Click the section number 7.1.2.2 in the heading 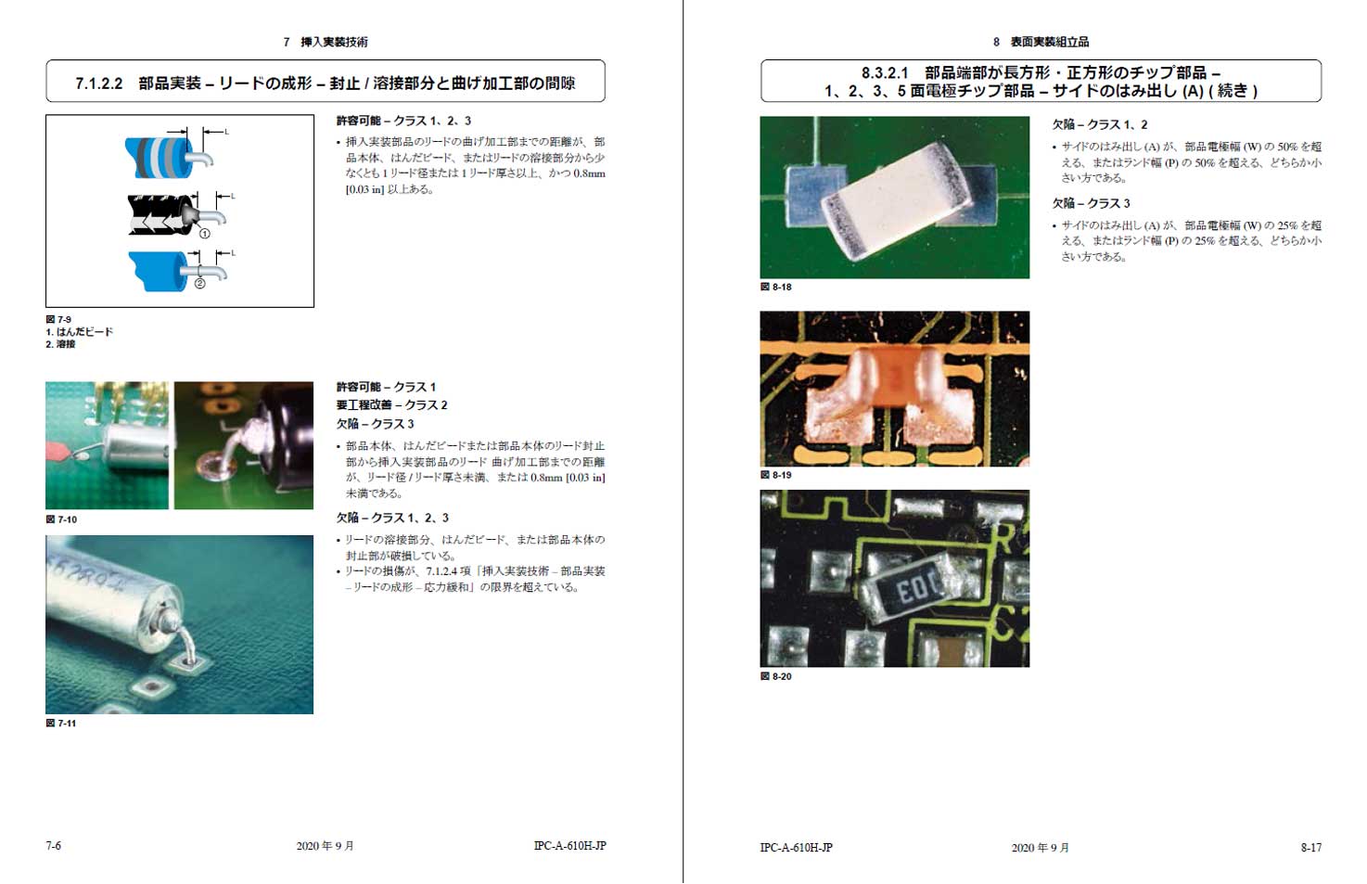99,83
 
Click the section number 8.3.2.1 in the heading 885,72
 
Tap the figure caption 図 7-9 58,319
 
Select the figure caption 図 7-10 61,519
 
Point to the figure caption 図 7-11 61,724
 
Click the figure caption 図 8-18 776,287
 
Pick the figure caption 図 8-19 776,475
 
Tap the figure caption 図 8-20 776,676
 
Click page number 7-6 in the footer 54,846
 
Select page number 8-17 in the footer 1310,848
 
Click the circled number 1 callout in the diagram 204,234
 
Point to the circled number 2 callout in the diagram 199,283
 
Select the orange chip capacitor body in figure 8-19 895,378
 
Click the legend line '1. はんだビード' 80,332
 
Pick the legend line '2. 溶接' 60,344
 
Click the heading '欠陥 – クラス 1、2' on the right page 1100,125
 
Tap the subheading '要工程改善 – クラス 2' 391,405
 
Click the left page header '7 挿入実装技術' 326,42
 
